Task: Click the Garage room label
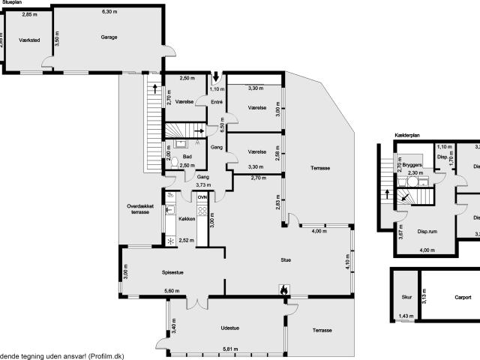[x=109, y=36]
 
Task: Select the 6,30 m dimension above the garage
[x=109, y=12]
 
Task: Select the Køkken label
[x=187, y=218]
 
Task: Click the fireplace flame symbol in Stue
[x=283, y=289]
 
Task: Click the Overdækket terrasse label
[x=139, y=208]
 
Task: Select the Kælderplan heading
[x=407, y=135]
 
